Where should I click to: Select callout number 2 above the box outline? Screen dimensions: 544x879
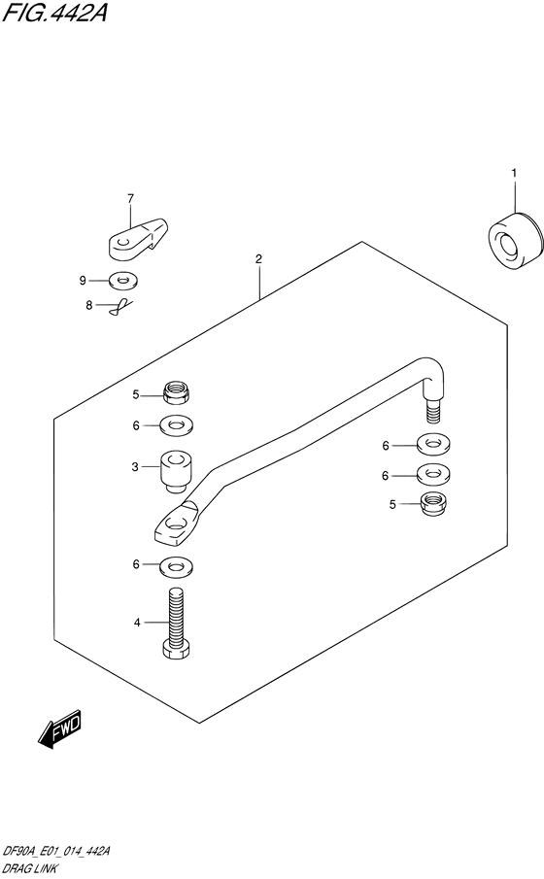tap(258, 259)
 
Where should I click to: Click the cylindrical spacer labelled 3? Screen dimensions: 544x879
tap(176, 472)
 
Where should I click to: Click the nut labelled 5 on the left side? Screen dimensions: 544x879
tap(176, 391)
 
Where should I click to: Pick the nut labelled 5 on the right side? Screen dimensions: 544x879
tap(433, 503)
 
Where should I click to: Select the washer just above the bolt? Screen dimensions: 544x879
tap(176, 566)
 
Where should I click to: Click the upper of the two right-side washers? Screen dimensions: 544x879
tap(433, 446)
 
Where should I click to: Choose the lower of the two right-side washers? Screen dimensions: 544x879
tap(433, 475)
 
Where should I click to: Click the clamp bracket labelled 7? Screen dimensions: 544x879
tap(137, 239)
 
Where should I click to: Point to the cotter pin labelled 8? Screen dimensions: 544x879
tap(120, 306)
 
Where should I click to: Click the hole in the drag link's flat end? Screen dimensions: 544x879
tap(176, 525)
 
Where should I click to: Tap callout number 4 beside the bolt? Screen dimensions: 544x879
tap(137, 623)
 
